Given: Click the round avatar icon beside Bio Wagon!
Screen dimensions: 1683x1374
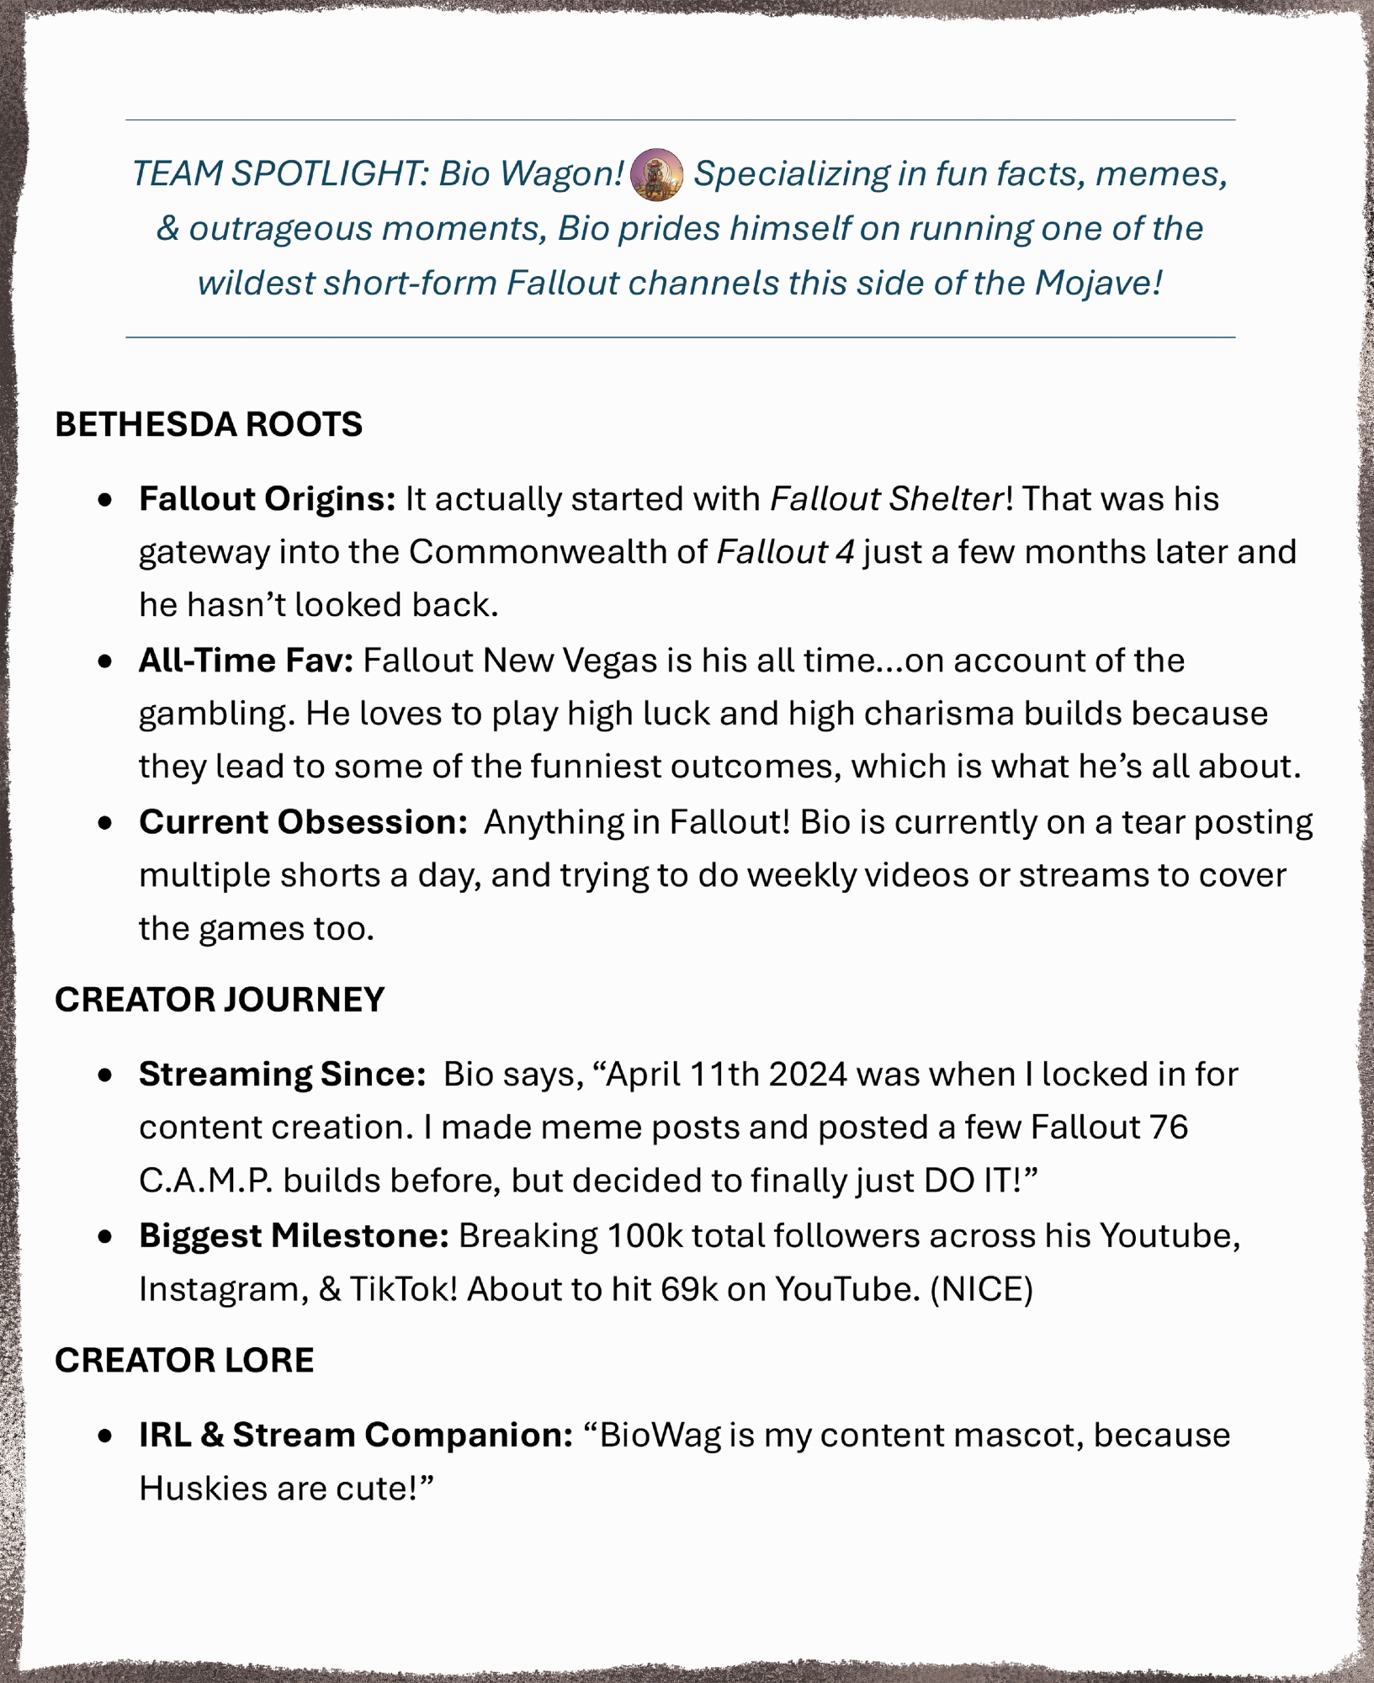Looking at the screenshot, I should (x=656, y=174).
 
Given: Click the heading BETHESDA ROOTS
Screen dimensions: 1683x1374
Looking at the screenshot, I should (x=209, y=424).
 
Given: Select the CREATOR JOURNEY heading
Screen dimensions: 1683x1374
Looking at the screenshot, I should (x=220, y=1000).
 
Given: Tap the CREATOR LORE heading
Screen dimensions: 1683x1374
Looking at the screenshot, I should (x=184, y=1360).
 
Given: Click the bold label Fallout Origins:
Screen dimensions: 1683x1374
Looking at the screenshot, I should (x=267, y=499).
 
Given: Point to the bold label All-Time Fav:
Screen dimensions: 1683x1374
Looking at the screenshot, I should (x=246, y=661).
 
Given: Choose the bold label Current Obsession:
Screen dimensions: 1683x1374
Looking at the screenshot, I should (x=303, y=822).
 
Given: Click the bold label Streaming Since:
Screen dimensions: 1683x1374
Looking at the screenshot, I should (x=282, y=1075).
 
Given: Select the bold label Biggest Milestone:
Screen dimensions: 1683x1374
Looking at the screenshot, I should (x=294, y=1236).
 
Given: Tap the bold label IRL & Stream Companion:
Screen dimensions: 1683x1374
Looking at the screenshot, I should (x=356, y=1436).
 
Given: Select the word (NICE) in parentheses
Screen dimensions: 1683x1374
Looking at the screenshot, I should (x=981, y=1289).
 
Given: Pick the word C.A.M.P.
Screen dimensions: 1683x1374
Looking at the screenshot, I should (x=206, y=1181).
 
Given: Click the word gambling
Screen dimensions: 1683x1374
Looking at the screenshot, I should (x=216, y=714).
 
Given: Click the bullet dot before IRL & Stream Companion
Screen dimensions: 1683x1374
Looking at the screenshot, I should (x=105, y=1436).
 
